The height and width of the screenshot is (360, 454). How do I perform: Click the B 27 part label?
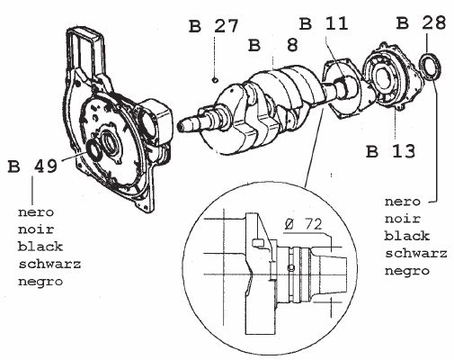tap(213, 26)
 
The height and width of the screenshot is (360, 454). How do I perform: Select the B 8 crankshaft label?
tap(273, 45)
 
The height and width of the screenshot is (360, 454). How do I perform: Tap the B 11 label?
tap(324, 23)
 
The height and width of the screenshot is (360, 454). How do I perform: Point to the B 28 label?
tap(421, 22)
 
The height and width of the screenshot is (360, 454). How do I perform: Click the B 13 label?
tap(391, 151)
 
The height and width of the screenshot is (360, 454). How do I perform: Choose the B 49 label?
tap(32, 166)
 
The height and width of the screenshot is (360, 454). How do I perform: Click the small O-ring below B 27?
tap(214, 80)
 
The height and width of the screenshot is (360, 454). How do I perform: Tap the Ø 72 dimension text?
tap(303, 224)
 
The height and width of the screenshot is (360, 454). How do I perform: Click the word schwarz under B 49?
tap(49, 265)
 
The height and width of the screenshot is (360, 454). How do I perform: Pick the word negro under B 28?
tap(407, 272)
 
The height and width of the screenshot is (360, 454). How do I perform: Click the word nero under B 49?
tap(36, 212)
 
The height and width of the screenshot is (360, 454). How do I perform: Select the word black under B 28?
tap(407, 236)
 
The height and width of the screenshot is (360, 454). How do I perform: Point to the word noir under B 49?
tap(36, 229)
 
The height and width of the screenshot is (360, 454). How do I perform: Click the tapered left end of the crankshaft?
tap(187, 123)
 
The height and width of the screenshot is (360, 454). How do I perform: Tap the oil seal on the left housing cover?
tap(94, 151)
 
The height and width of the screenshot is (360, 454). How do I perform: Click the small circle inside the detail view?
tap(291, 267)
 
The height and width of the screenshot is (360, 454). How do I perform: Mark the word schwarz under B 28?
tap(416, 254)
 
